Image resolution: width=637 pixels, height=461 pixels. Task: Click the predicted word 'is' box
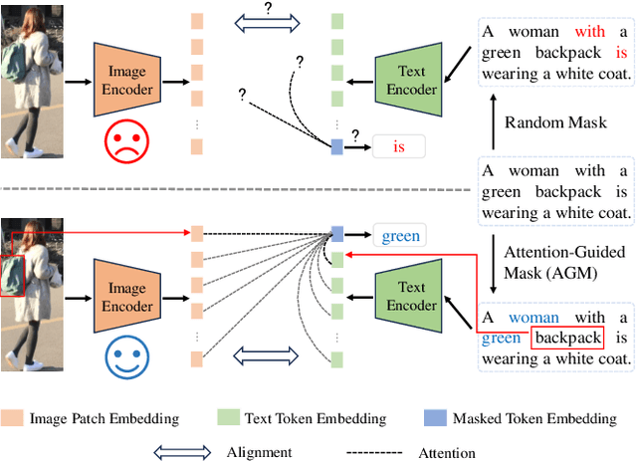coord(398,147)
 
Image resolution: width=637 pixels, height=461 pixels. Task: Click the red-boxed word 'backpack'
coord(567,338)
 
